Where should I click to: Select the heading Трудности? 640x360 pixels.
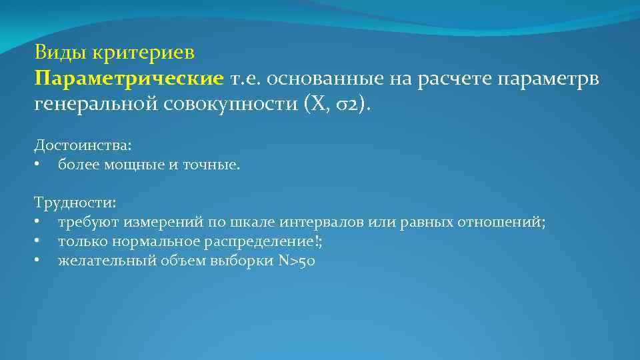point(75,201)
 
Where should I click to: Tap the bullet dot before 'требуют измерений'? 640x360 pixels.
point(39,223)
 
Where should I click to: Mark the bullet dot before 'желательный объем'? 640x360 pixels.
point(39,261)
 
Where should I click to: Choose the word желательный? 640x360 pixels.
point(107,260)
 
